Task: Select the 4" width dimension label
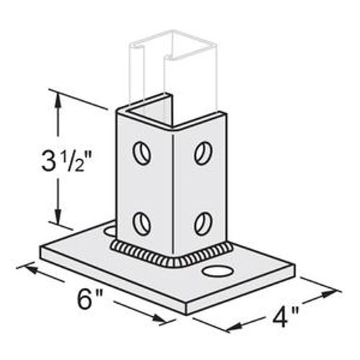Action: (284, 315)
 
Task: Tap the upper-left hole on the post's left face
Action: (142, 153)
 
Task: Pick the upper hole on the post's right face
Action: (203, 153)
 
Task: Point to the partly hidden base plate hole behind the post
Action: (109, 230)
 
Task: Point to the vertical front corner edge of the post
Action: (176, 187)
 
